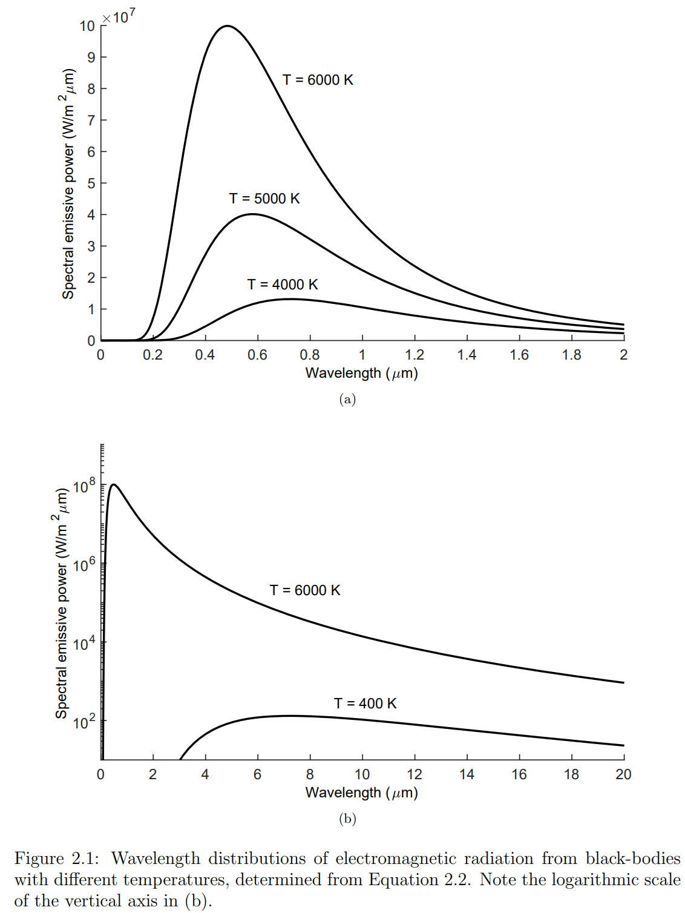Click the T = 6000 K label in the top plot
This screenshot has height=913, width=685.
click(318, 80)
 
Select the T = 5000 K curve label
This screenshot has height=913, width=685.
click(264, 199)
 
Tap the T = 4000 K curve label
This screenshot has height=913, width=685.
click(283, 285)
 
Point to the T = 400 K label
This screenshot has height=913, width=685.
click(365, 704)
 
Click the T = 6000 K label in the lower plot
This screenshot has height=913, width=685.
click(305, 590)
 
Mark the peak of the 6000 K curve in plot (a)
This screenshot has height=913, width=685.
click(227, 26)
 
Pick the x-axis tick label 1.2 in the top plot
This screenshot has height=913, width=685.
click(415, 355)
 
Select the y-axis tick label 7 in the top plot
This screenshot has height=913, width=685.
click(91, 120)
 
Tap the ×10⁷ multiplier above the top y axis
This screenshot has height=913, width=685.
click(119, 17)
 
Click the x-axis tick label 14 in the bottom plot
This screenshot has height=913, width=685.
click(467, 774)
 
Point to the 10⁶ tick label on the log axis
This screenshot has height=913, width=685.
click(84, 565)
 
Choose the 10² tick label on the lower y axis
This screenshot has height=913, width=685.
click(84, 722)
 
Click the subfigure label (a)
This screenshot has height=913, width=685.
click(347, 399)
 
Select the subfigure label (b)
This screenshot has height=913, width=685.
click(347, 819)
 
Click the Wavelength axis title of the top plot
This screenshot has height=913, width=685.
click(361, 373)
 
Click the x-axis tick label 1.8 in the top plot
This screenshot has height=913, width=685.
click(571, 355)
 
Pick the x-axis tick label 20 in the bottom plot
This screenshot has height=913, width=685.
click(623, 774)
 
